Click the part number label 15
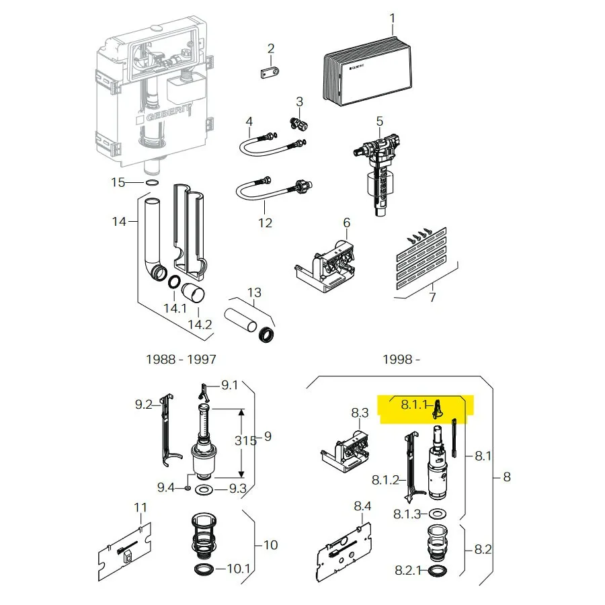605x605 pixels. pos(118,182)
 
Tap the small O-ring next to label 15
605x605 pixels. pos(153,182)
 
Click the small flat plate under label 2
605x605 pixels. pos(270,72)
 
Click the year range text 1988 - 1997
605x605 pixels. pos(181,359)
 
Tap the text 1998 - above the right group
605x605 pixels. pos(401,359)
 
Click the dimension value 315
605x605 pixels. pos(245,440)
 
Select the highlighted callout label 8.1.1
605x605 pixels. pos(414,405)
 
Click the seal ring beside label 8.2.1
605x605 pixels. pos(438,570)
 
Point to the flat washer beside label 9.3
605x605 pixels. pos(204,489)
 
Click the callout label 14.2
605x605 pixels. pos(200,324)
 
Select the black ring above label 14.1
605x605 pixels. pos(173,282)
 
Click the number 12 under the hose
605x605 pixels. pos(265,223)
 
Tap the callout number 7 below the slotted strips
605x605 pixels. pos(432,297)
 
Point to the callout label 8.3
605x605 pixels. pos(360,413)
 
